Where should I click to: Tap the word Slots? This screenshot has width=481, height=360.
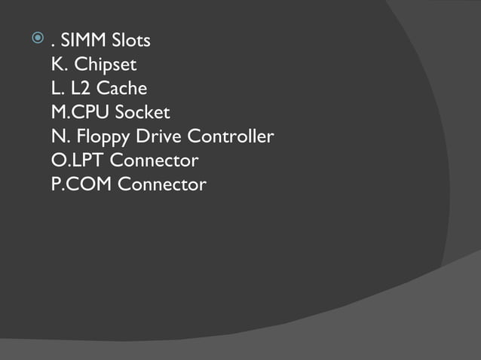point(129,41)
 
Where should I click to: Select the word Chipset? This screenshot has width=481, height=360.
point(106,65)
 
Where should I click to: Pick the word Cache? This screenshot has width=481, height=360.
point(122,89)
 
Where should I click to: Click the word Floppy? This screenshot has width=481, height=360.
point(103,138)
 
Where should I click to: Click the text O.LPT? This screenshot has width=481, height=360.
point(78,160)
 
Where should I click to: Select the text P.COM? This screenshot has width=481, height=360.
point(81,185)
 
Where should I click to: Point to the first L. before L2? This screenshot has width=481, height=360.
point(57,89)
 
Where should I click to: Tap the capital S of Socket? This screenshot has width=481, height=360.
point(120,113)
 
